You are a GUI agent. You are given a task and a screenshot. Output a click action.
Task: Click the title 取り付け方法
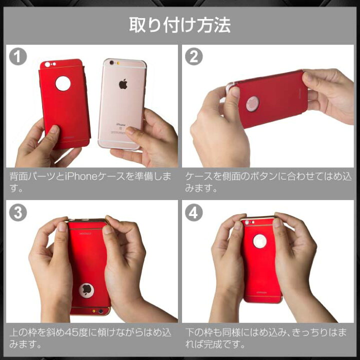click(180, 25)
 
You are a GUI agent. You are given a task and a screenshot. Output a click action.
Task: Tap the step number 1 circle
click(18, 56)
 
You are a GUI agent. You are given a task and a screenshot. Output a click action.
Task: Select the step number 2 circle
click(194, 56)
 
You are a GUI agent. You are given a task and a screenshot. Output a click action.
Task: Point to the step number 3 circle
click(18, 212)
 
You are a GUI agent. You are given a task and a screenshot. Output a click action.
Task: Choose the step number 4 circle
click(194, 212)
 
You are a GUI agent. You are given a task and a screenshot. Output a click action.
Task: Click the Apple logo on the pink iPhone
click(123, 84)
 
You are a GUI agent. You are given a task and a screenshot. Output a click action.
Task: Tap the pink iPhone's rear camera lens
click(112, 62)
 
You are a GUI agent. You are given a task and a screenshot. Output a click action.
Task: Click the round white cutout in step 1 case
click(63, 83)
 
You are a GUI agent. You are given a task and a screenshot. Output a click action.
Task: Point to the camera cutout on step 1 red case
click(47, 64)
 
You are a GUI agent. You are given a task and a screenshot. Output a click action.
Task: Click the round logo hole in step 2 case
click(252, 104)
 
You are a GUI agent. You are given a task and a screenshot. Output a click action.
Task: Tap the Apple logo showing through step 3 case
click(86, 290)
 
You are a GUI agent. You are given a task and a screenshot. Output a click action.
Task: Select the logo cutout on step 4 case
click(259, 241)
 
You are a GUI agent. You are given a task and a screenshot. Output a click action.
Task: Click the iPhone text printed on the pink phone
click(121, 124)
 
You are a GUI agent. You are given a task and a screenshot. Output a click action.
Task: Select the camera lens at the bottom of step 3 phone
click(101, 311)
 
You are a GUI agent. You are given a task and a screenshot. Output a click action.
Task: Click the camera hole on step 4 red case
click(247, 222)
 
